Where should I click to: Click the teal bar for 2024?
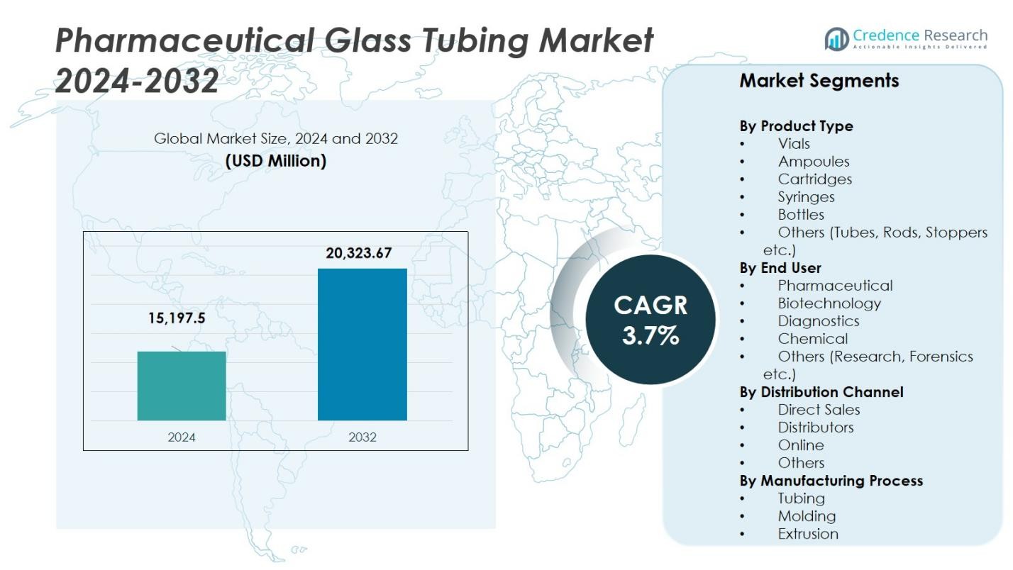[x=182, y=386]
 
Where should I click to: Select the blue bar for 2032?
[x=362, y=344]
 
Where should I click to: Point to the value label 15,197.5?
[x=177, y=318]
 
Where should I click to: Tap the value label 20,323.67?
[x=359, y=253]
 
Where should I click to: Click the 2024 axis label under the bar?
[x=182, y=437]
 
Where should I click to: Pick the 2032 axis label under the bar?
[x=362, y=437]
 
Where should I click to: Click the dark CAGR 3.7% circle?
[x=650, y=320]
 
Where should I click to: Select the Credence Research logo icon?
[x=836, y=39]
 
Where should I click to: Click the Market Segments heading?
[x=819, y=81]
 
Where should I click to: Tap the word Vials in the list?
[x=794, y=144]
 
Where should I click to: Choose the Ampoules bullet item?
[x=813, y=162]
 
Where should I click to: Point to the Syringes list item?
[x=806, y=197]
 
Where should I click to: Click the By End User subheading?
[x=780, y=268]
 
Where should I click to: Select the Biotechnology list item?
[x=829, y=303]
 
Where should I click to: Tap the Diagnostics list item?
[x=818, y=321]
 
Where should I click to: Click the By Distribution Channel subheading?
[x=821, y=392]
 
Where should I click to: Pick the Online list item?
[x=801, y=445]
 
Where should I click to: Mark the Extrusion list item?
[x=808, y=534]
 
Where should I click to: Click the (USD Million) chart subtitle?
[x=276, y=161]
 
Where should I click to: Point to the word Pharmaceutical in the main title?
[x=184, y=40]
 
